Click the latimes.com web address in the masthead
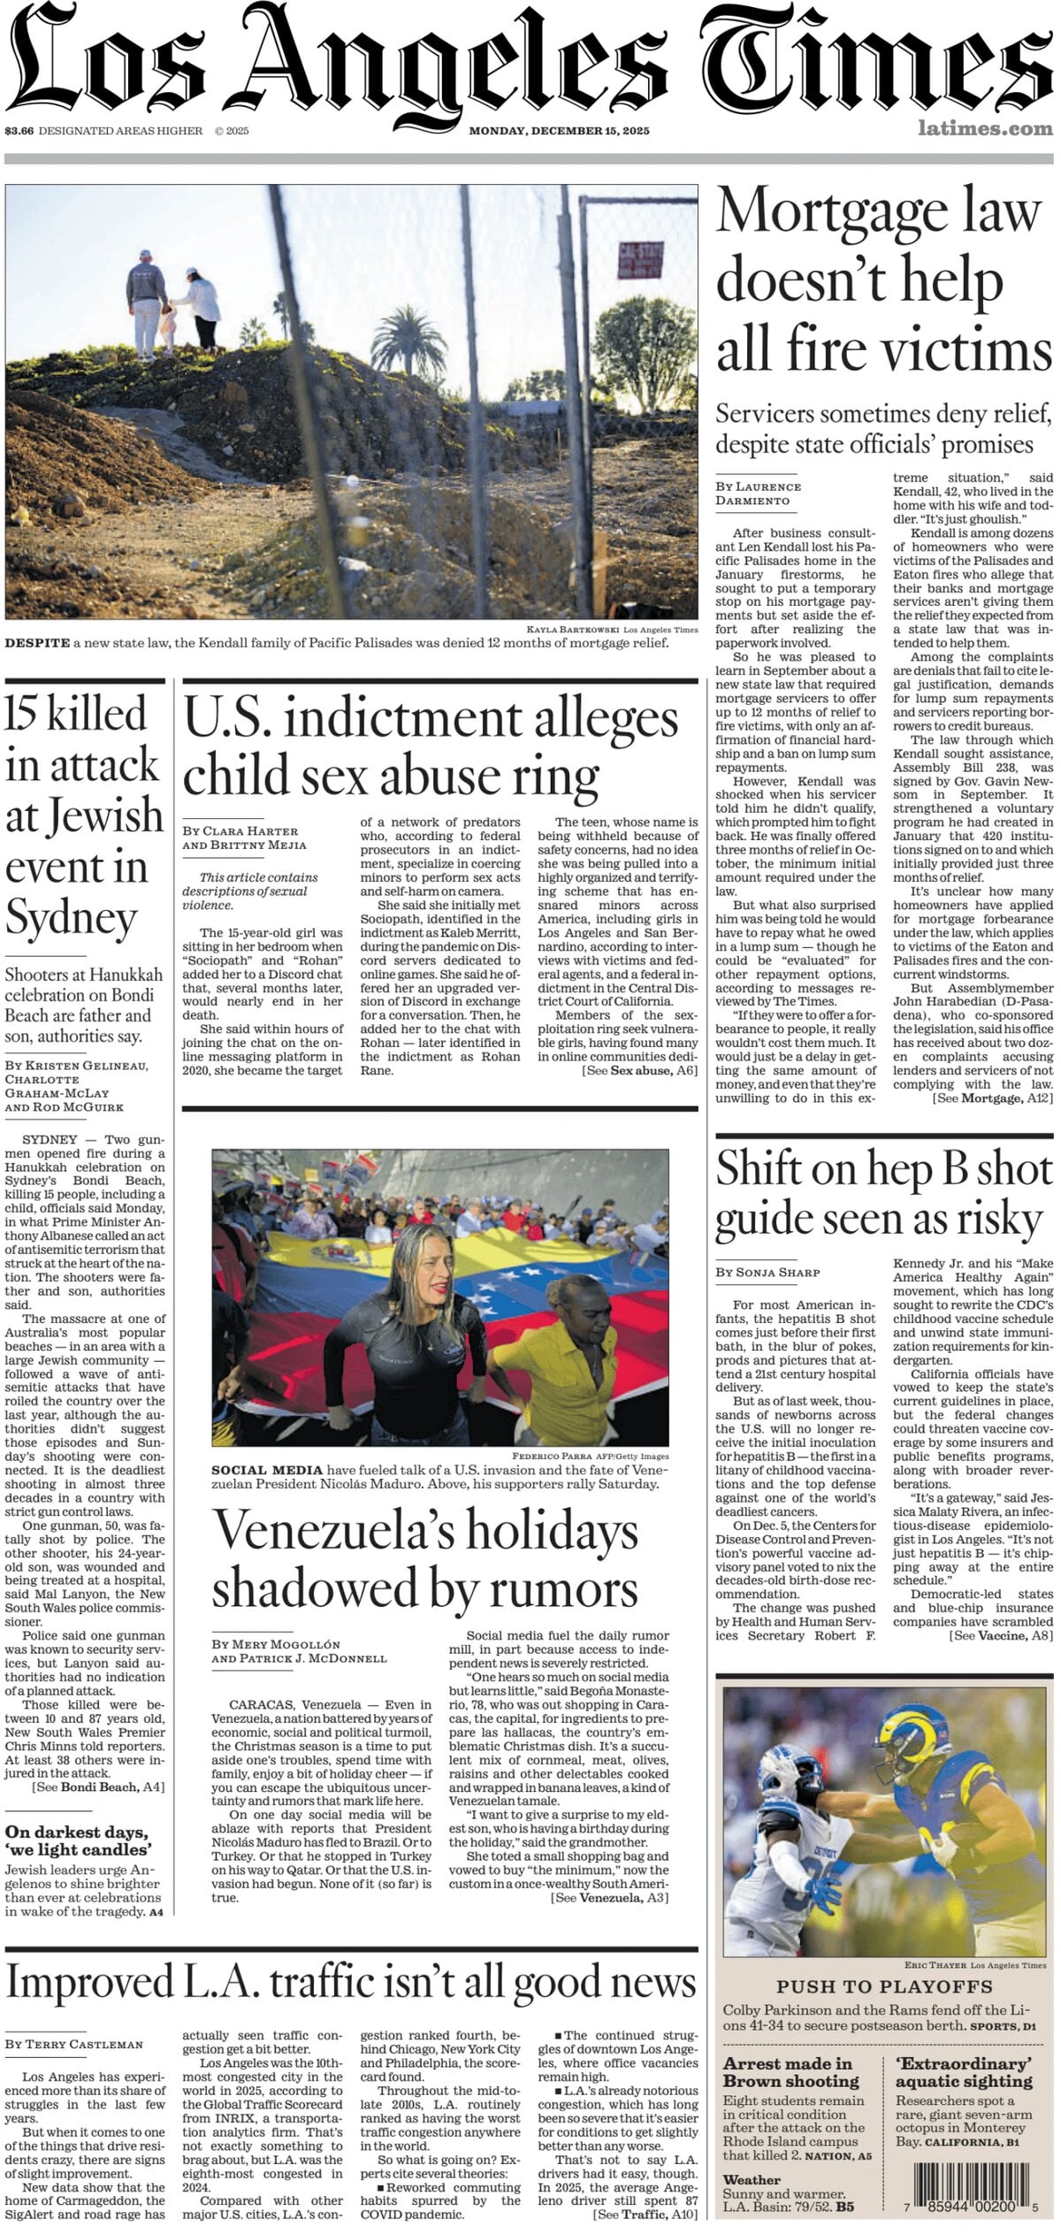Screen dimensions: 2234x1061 coord(984,129)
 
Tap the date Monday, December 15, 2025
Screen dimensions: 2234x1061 coord(559,131)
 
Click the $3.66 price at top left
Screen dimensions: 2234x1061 coord(19,131)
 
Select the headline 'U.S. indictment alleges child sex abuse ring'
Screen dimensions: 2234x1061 coord(431,746)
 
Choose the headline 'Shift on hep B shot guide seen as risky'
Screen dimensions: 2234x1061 coord(883,1193)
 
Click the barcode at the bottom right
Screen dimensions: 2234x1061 coord(971,2187)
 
